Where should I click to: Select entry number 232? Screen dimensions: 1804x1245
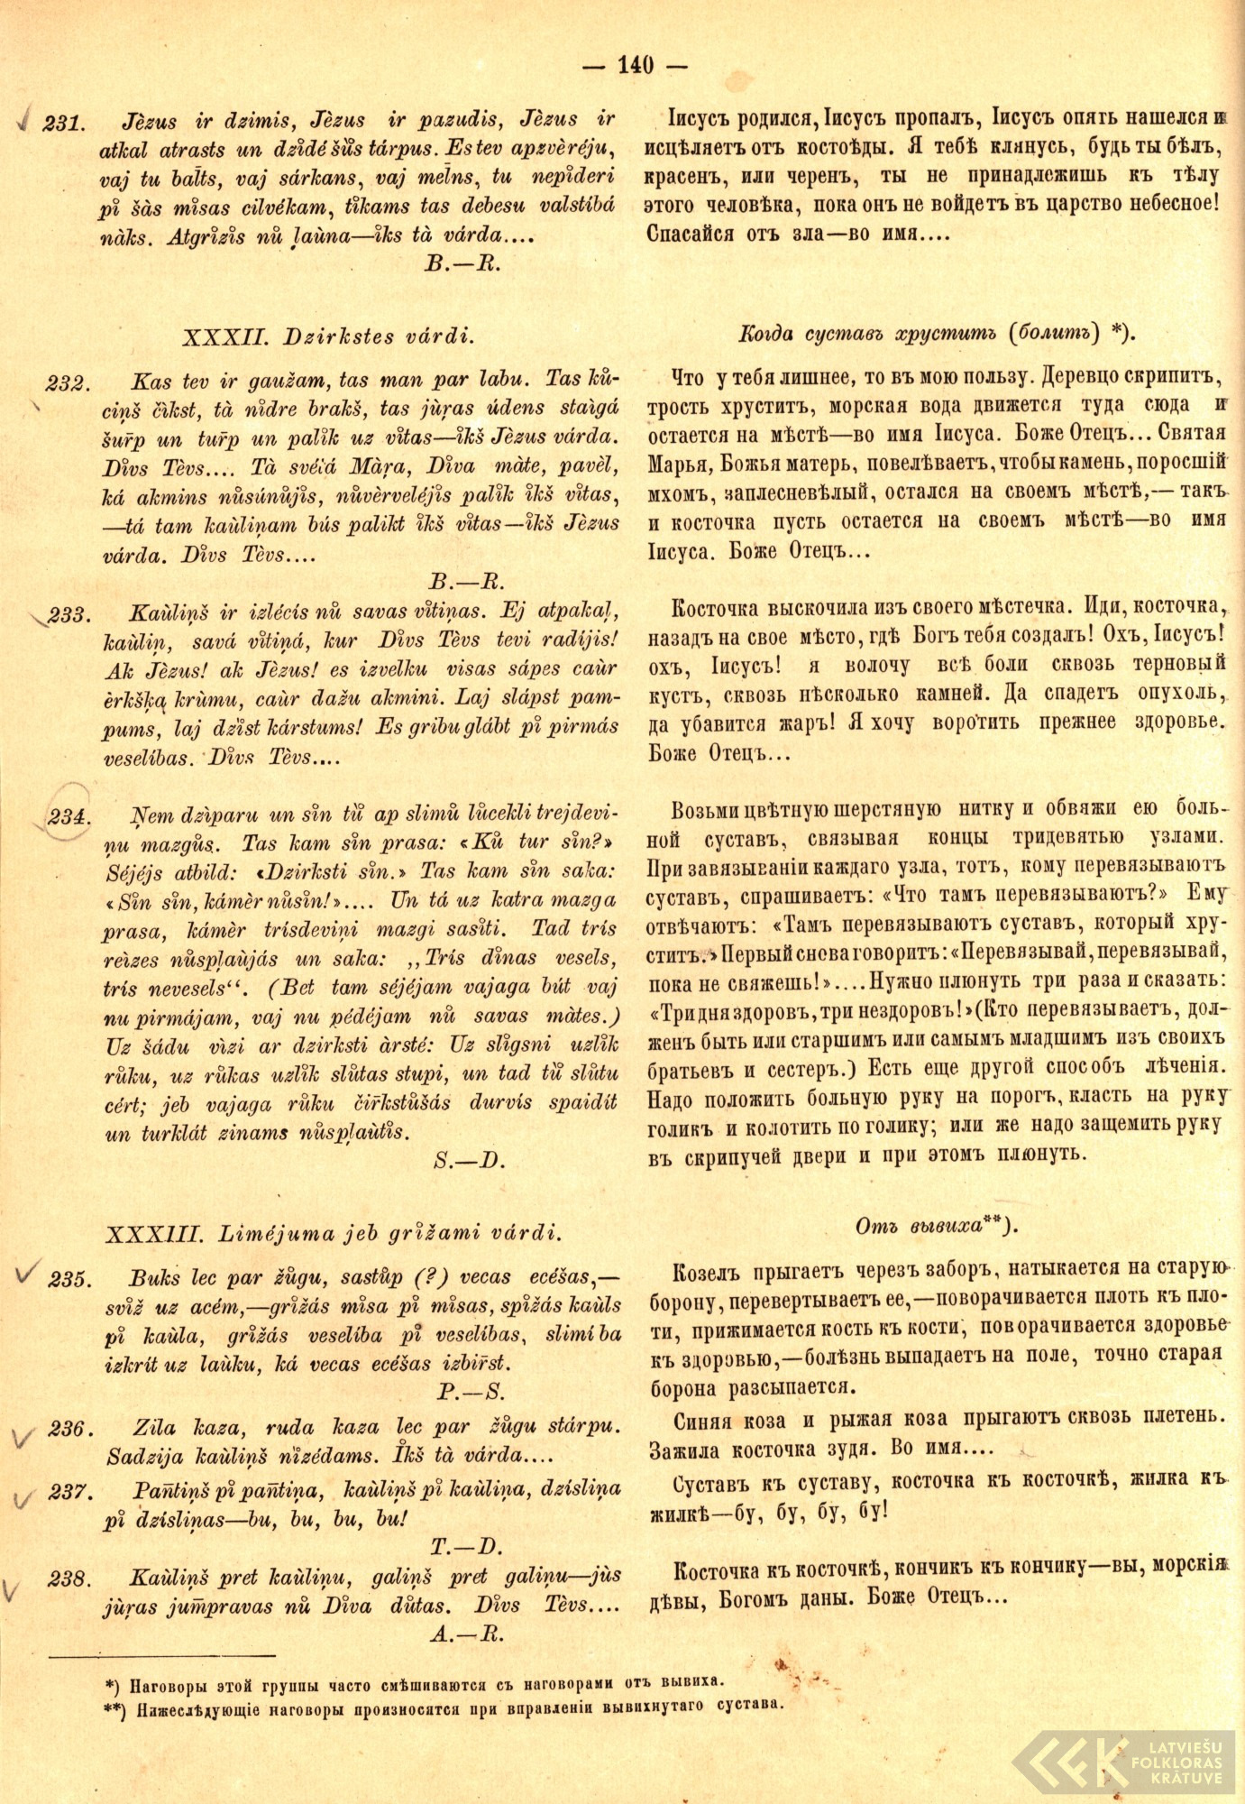66,382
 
